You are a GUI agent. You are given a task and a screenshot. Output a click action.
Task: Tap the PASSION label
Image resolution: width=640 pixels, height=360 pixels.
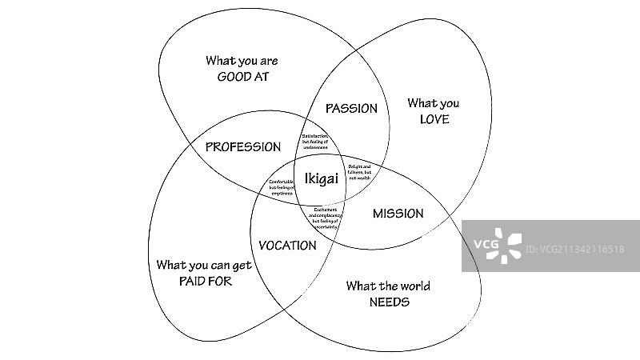point(351,109)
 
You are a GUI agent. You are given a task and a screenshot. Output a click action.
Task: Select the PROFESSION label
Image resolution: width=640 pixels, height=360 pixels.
point(243,147)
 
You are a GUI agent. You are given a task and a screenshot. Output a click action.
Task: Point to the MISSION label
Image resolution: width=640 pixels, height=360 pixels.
point(398,214)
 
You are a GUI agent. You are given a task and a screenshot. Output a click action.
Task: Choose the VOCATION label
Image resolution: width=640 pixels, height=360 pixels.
point(288,246)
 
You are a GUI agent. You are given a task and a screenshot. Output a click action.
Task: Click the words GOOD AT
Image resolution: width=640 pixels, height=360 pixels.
point(242,77)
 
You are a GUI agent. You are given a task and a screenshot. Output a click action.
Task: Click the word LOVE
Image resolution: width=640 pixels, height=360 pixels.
point(434,120)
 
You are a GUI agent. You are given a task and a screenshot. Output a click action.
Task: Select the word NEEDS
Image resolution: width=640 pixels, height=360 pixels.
point(389,302)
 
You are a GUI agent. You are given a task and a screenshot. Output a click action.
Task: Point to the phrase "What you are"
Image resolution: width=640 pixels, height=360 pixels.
point(242,60)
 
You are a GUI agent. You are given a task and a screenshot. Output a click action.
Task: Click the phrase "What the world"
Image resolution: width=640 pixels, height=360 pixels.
point(389,286)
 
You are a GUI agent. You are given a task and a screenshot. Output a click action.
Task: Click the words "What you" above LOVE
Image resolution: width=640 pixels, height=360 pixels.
point(434,103)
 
